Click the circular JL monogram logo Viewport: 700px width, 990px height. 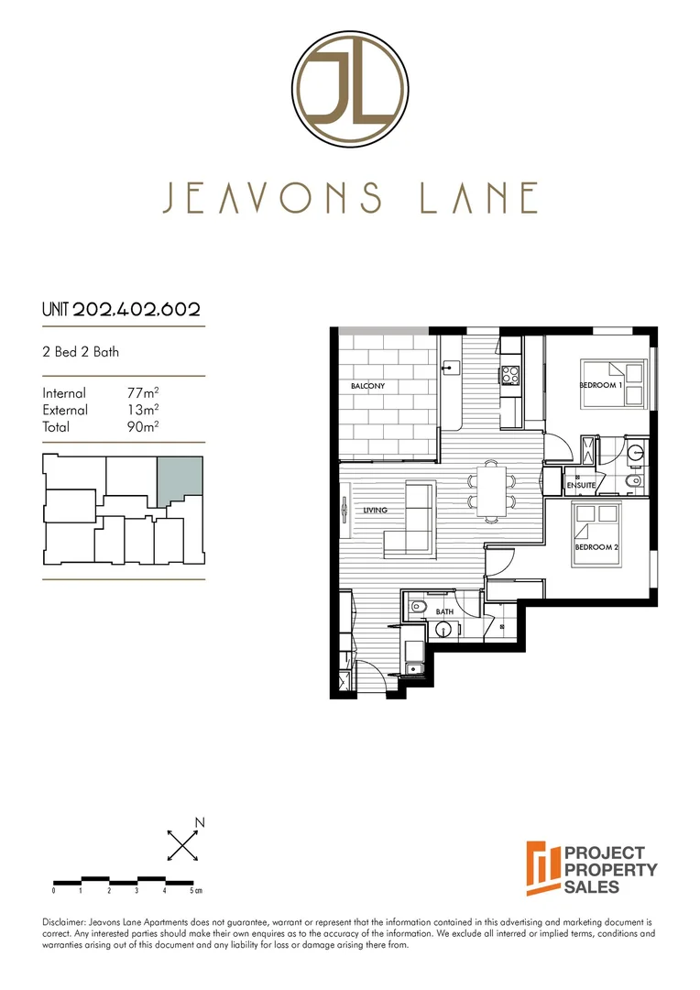click(350, 90)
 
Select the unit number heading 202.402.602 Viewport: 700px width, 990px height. click(137, 310)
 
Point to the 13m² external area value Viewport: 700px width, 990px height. click(143, 410)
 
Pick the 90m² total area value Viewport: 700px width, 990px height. click(143, 426)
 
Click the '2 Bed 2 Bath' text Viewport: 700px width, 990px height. click(81, 351)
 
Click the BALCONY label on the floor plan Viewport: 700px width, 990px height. click(367, 386)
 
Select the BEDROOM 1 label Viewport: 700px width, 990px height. click(601, 386)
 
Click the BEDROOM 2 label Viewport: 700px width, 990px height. click(597, 547)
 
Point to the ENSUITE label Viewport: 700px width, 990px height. click(581, 485)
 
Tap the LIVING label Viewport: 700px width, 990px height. click(375, 510)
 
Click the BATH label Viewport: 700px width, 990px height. click(444, 611)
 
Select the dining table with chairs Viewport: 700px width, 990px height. click(492, 490)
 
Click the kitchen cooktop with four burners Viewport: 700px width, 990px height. click(509, 375)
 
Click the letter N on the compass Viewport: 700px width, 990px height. click(200, 822)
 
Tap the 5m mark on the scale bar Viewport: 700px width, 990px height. click(193, 890)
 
